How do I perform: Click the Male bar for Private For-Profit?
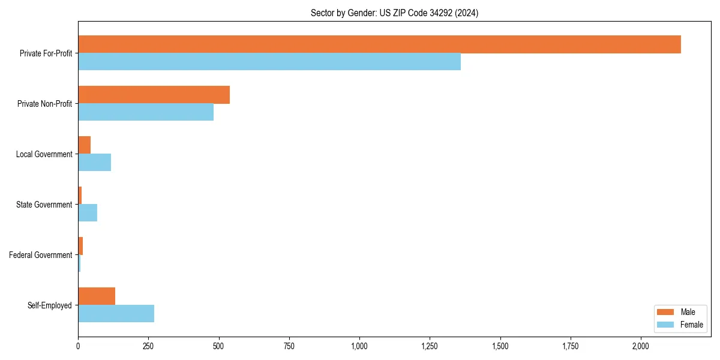click(379, 44)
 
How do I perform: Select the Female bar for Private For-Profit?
click(269, 62)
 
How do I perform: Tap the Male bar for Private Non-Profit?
click(154, 95)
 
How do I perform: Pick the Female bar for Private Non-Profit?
click(146, 112)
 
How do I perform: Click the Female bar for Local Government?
click(94, 163)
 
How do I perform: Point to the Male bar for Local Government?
click(84, 145)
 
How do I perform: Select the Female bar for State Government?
click(88, 213)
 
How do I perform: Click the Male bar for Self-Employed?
click(97, 296)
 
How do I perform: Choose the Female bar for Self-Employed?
click(116, 314)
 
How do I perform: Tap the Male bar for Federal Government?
click(80, 246)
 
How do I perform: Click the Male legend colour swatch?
click(665, 312)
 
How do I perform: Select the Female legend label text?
click(691, 325)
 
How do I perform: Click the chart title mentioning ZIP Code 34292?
click(394, 13)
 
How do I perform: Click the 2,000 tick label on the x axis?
click(640, 346)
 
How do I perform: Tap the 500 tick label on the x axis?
click(219, 346)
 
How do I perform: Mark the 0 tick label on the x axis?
click(78, 346)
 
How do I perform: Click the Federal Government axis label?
click(41, 255)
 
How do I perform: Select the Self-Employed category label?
click(50, 305)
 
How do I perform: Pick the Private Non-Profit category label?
click(44, 104)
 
